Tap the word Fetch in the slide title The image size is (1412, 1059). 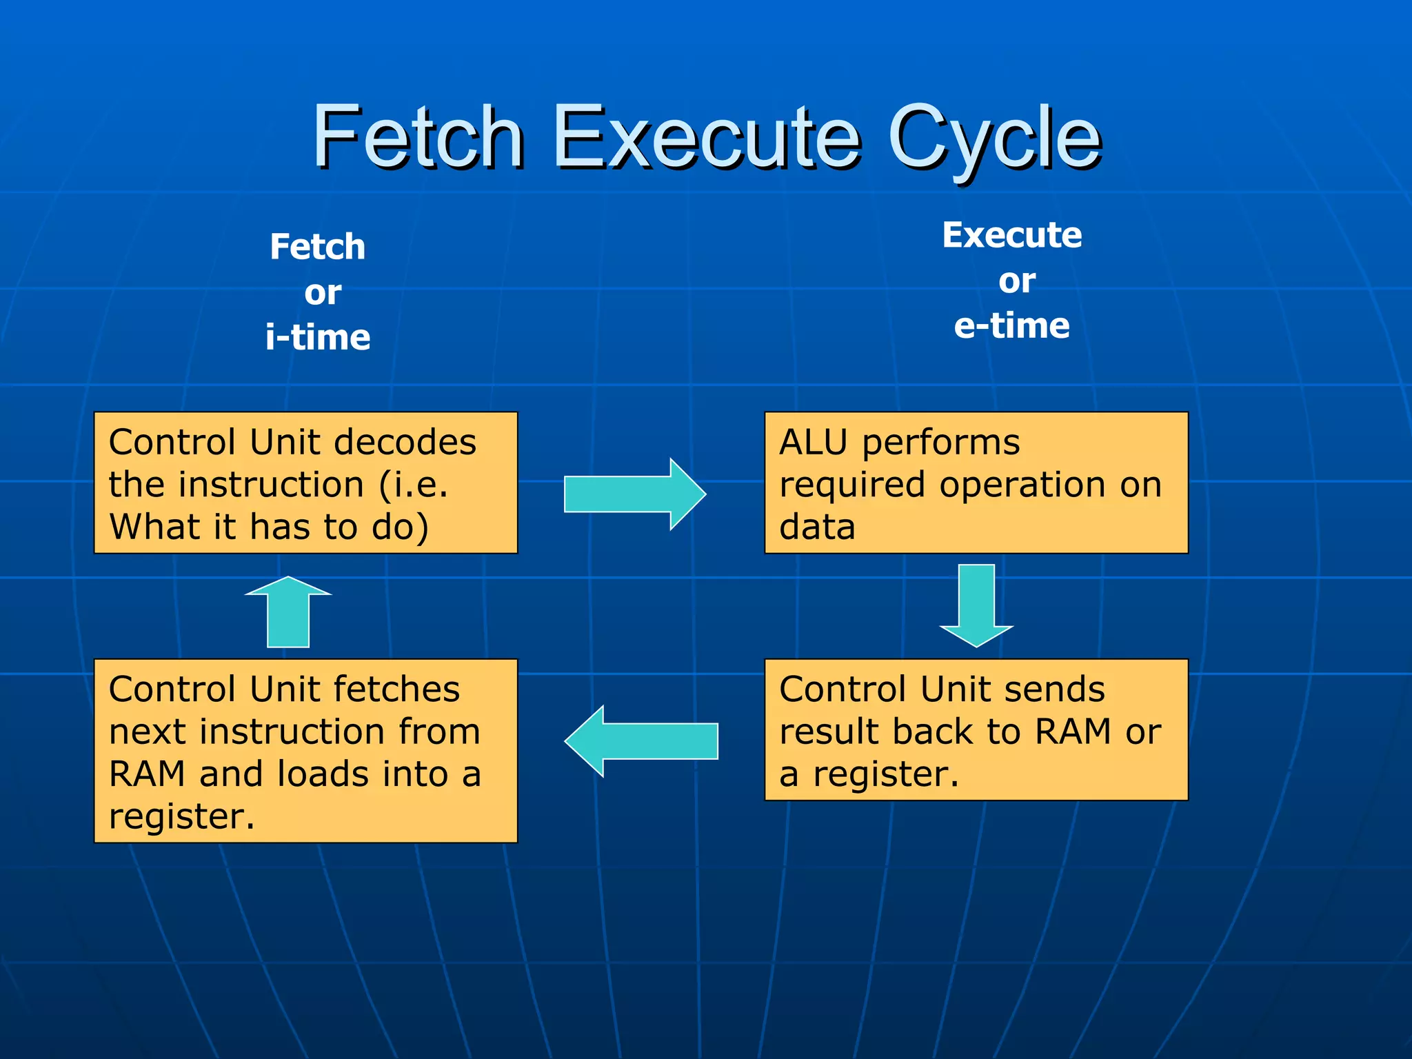[418, 138]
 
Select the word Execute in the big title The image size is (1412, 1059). [706, 138]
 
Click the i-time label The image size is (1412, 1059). [318, 337]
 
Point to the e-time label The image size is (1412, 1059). [1011, 325]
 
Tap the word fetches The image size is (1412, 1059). [396, 689]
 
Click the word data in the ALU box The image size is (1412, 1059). [817, 527]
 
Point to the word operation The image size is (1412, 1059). [1024, 485]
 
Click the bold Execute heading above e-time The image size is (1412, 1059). [1011, 235]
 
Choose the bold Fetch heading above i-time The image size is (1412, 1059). [317, 247]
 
